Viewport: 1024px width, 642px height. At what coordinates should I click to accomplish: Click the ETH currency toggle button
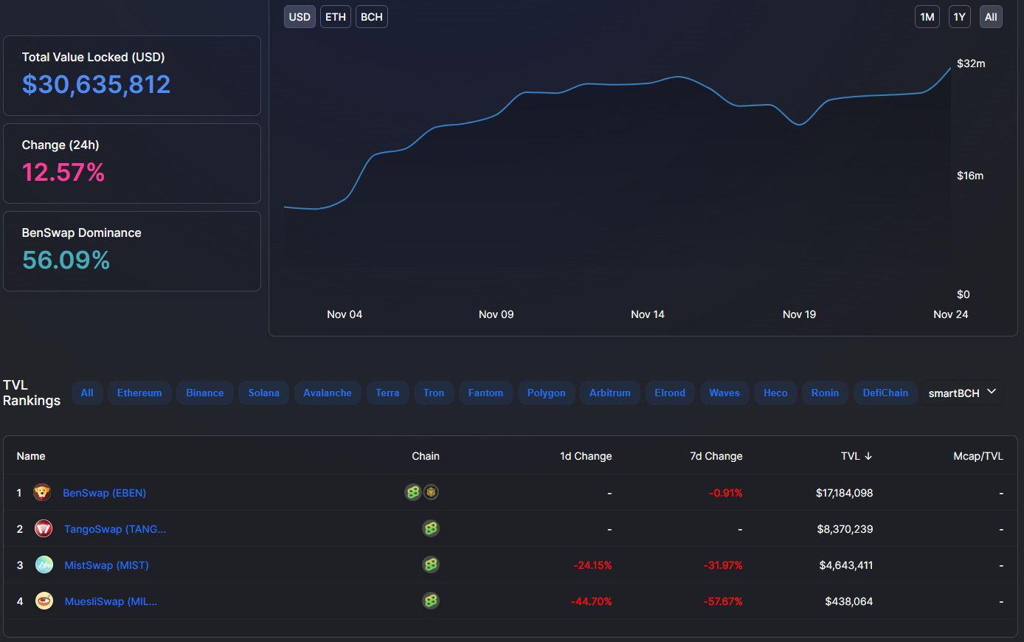(335, 17)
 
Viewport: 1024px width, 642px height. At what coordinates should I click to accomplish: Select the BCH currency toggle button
(371, 17)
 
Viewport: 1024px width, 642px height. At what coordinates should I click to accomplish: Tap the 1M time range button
(927, 17)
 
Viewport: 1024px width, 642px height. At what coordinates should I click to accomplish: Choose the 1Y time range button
(959, 17)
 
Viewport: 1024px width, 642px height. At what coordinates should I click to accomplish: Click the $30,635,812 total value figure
(96, 84)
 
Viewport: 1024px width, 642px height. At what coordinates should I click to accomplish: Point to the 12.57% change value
(63, 173)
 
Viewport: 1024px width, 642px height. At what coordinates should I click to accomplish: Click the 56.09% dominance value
(66, 260)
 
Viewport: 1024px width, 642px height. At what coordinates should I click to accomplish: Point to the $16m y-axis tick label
(970, 176)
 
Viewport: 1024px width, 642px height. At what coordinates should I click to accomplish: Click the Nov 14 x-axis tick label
(647, 314)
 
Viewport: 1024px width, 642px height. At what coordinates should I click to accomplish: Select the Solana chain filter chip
(264, 393)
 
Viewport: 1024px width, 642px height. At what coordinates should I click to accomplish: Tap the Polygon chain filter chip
(546, 393)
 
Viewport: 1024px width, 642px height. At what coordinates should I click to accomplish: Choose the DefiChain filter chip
(885, 393)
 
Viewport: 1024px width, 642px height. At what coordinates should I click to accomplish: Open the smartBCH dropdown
(962, 393)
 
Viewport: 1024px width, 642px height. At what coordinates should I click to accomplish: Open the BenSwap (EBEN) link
(104, 493)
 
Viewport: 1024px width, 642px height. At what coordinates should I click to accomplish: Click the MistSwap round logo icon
(44, 565)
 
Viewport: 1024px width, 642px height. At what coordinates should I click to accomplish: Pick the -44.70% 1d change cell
(591, 601)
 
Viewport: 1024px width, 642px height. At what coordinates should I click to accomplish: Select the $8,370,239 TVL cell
(845, 529)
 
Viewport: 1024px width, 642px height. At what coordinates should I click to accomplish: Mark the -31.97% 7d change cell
(723, 565)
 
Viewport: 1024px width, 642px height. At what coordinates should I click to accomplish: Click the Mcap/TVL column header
(978, 456)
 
